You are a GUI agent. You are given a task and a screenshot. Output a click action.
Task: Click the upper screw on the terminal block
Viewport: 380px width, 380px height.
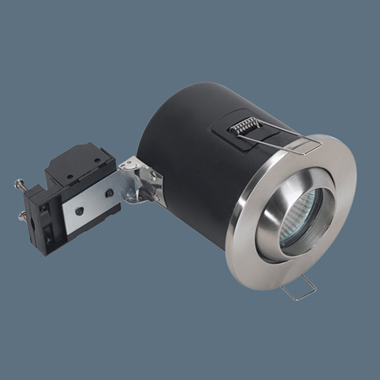pos(21,183)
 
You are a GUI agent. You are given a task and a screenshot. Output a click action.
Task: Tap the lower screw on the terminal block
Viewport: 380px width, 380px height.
pos(24,217)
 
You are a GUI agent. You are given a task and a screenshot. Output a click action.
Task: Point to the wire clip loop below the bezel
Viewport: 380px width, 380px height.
pos(298,290)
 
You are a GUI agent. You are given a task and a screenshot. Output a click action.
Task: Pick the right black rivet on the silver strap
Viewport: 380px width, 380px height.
pos(110,193)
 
